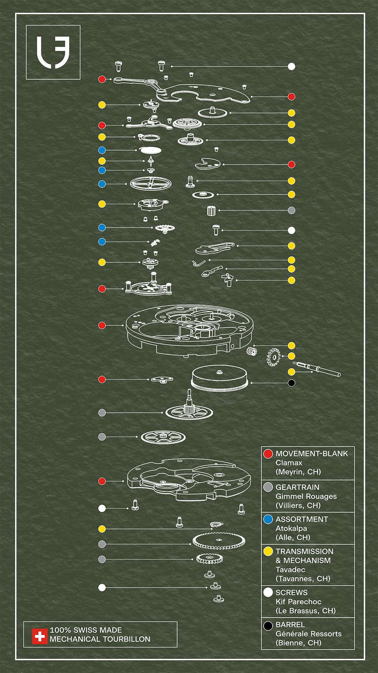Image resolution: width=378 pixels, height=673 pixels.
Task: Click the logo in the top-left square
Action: coord(53,52)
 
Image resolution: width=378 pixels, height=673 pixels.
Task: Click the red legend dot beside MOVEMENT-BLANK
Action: coord(268,454)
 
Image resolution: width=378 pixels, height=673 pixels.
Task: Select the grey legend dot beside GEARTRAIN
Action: coord(268,487)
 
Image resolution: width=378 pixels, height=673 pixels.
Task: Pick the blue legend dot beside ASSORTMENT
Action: coord(268,519)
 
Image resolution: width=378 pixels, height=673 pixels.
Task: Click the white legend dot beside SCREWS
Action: coord(268,593)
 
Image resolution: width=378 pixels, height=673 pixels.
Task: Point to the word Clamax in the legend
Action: coord(289,463)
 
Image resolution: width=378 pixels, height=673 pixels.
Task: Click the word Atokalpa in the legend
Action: coord(291,528)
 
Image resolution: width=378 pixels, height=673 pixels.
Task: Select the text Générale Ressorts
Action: coord(309,634)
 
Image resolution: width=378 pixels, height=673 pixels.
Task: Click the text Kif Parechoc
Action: coord(298,601)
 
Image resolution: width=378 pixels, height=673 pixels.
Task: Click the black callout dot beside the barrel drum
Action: coord(291,383)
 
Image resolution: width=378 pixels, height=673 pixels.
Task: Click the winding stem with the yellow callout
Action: coord(319,370)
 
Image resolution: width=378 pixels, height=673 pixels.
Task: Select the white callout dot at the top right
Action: coord(291,66)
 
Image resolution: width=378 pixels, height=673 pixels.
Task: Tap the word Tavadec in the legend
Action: coord(290,569)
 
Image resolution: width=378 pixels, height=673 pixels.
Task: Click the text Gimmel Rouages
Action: coord(306,496)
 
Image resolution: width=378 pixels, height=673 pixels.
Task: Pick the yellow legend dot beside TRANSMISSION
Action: coord(268,551)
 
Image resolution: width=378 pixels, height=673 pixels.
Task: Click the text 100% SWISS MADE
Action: coord(86,630)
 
